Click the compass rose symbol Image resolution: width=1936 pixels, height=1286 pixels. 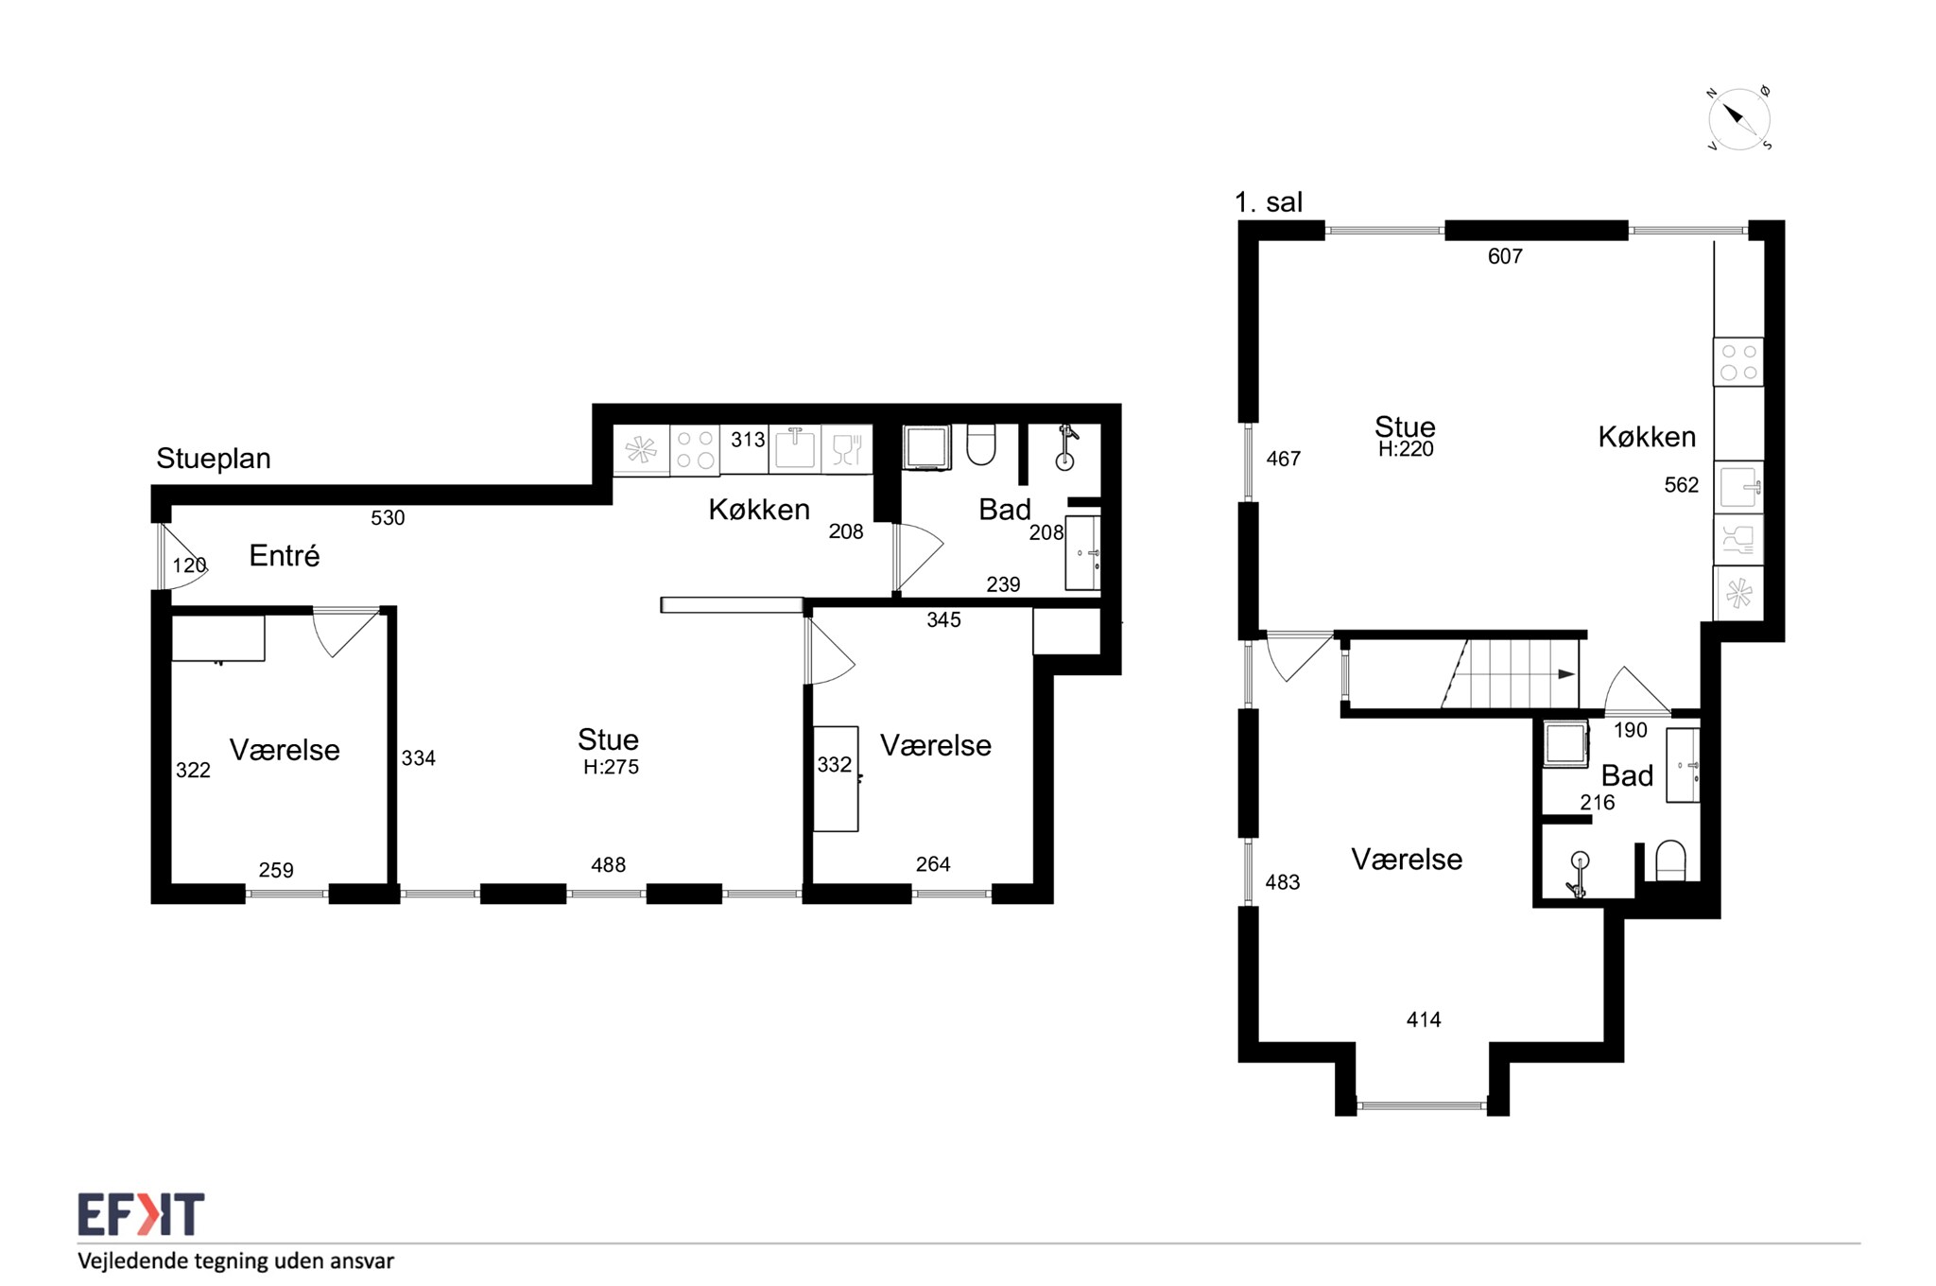point(1738,119)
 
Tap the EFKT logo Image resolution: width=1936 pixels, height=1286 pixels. point(141,1214)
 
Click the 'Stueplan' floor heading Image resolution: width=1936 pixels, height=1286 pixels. point(214,459)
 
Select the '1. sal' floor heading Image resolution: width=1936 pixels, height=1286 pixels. point(1269,201)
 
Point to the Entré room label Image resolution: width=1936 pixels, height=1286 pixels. point(285,555)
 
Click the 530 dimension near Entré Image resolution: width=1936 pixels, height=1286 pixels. point(388,518)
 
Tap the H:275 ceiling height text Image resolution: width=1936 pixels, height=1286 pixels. point(611,767)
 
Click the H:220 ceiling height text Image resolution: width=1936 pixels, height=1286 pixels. point(1406,450)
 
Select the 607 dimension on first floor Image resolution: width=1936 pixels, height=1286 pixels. point(1505,256)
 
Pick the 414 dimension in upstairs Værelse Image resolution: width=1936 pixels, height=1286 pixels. point(1424,1019)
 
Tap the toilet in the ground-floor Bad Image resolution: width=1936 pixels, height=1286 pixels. point(981,444)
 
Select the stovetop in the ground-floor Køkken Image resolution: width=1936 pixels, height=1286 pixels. point(695,450)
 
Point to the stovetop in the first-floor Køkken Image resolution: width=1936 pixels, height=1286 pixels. point(1738,361)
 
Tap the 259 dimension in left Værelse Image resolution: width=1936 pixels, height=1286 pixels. point(276,870)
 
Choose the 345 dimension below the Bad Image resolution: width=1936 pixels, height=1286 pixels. point(943,620)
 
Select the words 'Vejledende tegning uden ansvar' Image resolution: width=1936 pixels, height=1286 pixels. point(235,1260)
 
